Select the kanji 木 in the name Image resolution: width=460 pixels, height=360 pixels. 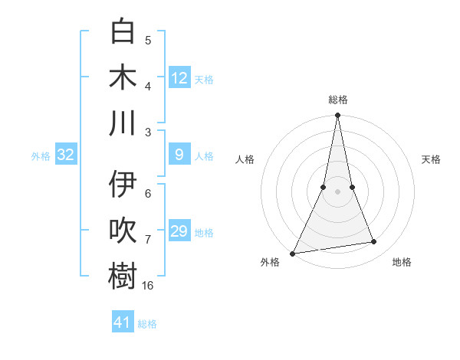click(123, 77)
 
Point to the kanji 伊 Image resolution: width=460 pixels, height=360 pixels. click(123, 185)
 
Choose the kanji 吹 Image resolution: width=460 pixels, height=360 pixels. click(123, 231)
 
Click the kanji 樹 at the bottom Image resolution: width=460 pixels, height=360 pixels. click(123, 276)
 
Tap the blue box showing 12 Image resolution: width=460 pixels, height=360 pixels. click(179, 78)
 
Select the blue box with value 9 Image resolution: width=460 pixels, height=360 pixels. click(179, 155)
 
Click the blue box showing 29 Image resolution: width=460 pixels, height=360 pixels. click(179, 231)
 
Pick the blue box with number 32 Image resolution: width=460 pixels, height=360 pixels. click(66, 155)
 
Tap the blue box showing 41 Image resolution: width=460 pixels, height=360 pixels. click(123, 322)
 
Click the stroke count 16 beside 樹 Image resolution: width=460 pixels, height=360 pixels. click(148, 286)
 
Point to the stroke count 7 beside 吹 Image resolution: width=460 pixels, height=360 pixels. click(148, 240)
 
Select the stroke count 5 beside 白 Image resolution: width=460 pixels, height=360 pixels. click(148, 41)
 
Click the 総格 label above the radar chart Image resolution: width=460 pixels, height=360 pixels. click(338, 100)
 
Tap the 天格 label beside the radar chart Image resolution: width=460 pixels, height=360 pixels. click(431, 159)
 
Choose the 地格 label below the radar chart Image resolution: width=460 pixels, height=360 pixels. click(402, 262)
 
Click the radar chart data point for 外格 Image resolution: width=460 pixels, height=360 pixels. click(292, 254)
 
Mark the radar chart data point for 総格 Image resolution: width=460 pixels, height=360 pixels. click(337, 116)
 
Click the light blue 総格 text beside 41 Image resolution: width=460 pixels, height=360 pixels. click(147, 324)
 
